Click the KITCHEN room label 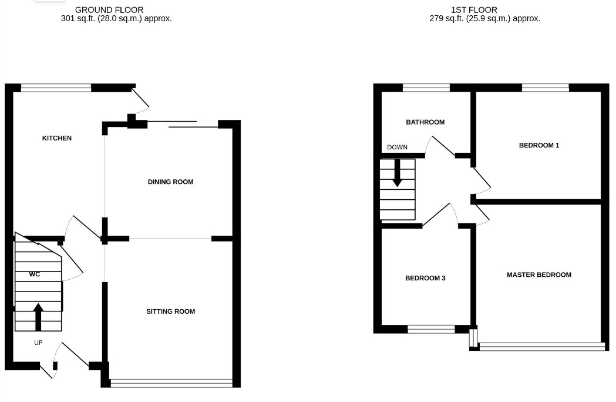point(57,138)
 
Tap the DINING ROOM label point(170,182)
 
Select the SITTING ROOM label point(170,311)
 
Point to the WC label point(35,274)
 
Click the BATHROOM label point(425,122)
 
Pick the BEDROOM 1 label point(539,145)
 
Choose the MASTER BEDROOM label point(539,274)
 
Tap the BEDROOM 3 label point(425,278)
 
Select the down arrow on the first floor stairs point(398,173)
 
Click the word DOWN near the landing point(397,148)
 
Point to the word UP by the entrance point(38,343)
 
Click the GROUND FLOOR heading point(109,10)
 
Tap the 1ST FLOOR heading point(474,10)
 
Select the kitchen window point(56,88)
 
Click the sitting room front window point(171,384)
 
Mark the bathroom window point(426,88)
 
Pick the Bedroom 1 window point(546,88)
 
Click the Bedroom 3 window point(431,330)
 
